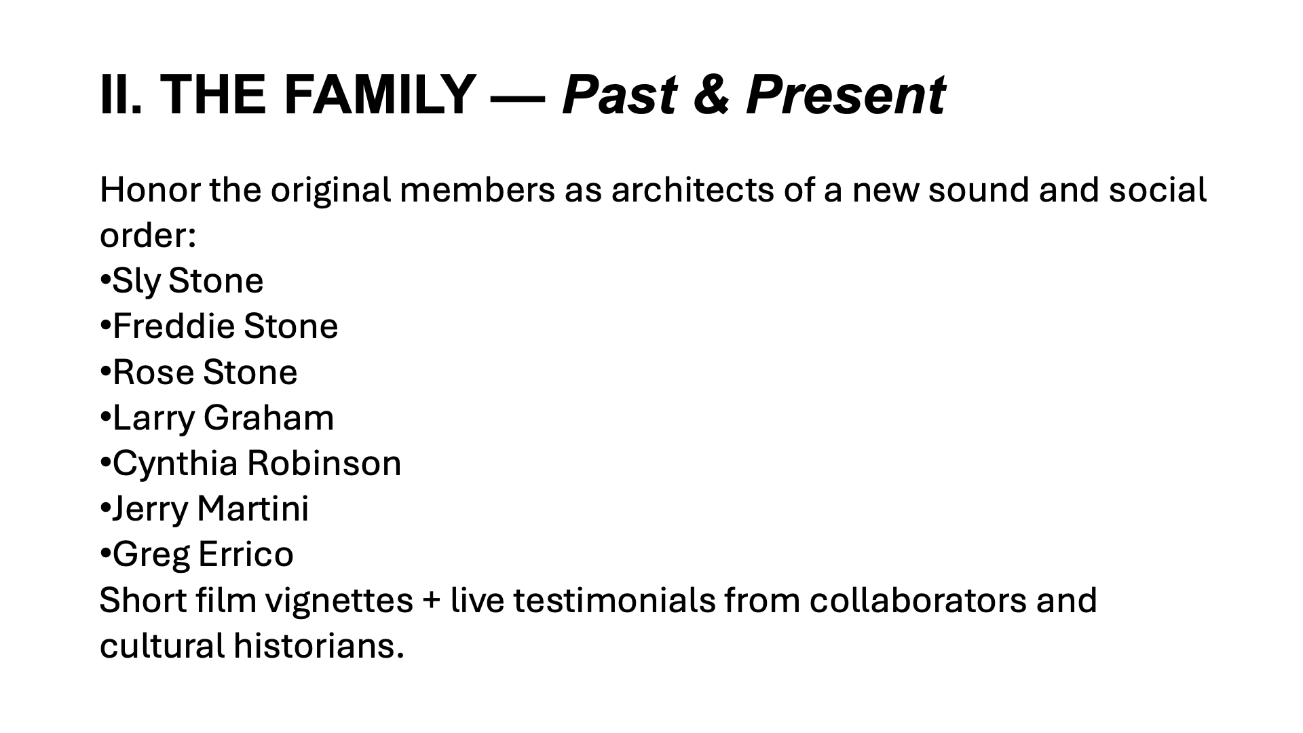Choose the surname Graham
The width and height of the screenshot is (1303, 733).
268,417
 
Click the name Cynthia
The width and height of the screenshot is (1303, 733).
174,463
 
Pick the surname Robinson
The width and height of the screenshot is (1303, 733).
324,463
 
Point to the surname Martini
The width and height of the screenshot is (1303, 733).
252,508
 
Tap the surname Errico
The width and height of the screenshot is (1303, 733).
246,554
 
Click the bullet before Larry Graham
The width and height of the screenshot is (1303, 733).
105,417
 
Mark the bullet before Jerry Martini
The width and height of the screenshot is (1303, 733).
105,508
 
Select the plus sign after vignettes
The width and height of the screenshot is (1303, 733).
432,601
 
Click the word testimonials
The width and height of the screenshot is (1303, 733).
614,600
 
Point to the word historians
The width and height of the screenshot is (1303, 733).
318,645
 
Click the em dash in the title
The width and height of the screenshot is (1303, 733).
518,98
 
